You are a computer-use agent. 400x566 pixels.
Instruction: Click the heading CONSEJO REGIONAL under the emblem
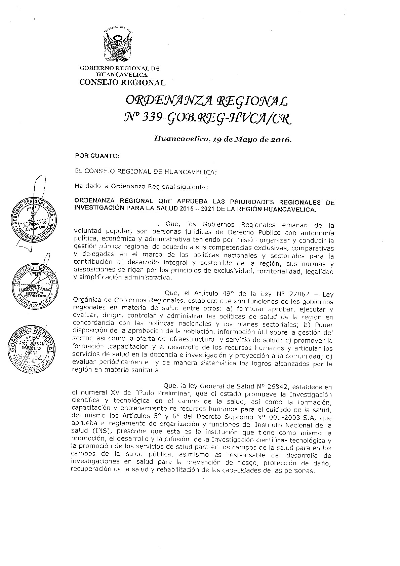click(122, 82)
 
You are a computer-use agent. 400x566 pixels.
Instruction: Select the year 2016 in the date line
click(278, 140)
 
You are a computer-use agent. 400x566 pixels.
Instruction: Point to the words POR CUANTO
click(97, 156)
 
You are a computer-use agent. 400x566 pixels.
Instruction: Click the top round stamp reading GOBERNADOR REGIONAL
click(33, 219)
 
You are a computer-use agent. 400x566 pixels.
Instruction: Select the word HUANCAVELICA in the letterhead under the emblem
click(122, 74)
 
